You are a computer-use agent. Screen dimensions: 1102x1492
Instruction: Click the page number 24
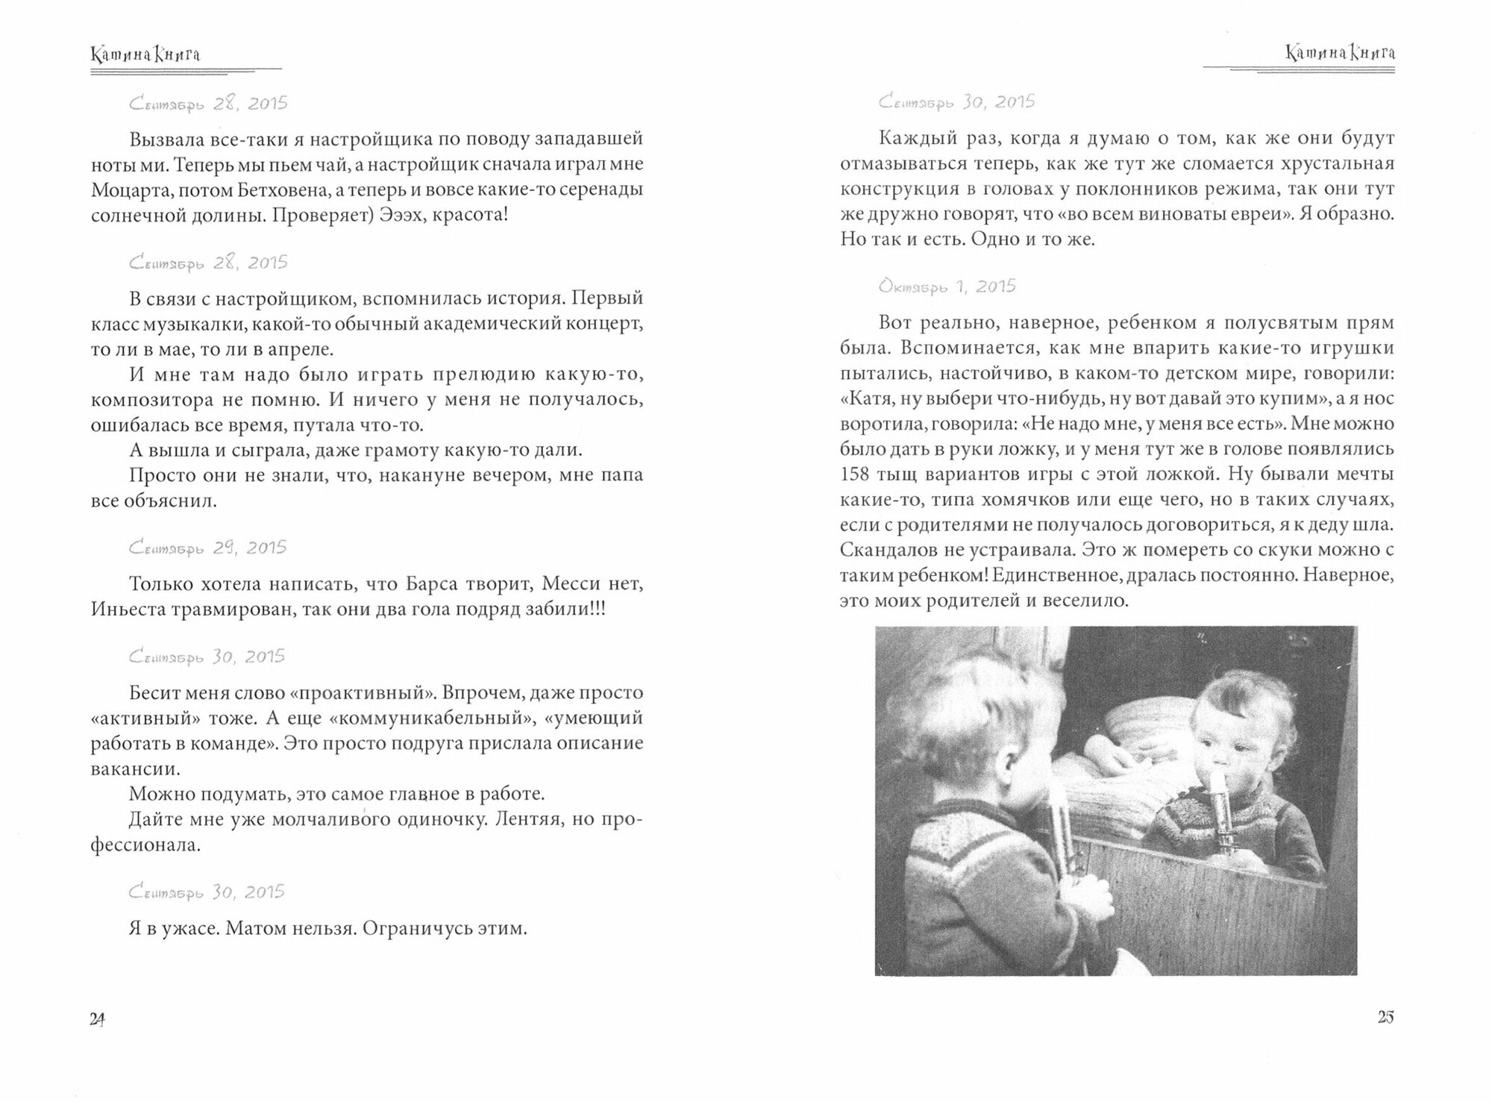click(97, 1019)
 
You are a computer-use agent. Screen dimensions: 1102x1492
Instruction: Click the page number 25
click(1385, 1017)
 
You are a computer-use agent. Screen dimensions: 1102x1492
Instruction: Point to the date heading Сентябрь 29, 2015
click(207, 548)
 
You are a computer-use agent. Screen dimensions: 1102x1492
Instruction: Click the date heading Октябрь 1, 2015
click(947, 287)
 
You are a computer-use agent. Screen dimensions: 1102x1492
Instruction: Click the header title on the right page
click(1340, 54)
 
